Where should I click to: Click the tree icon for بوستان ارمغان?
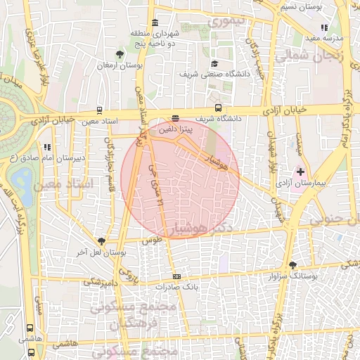120,53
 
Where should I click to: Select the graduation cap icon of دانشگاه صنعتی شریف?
214,63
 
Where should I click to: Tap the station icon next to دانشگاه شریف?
219,108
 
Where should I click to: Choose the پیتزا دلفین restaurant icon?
175,119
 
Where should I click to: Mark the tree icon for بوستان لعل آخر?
101,240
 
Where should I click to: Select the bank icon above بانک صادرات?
176,276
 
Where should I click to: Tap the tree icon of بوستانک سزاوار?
292,265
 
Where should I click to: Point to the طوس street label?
152,240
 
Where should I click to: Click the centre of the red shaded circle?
180,179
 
